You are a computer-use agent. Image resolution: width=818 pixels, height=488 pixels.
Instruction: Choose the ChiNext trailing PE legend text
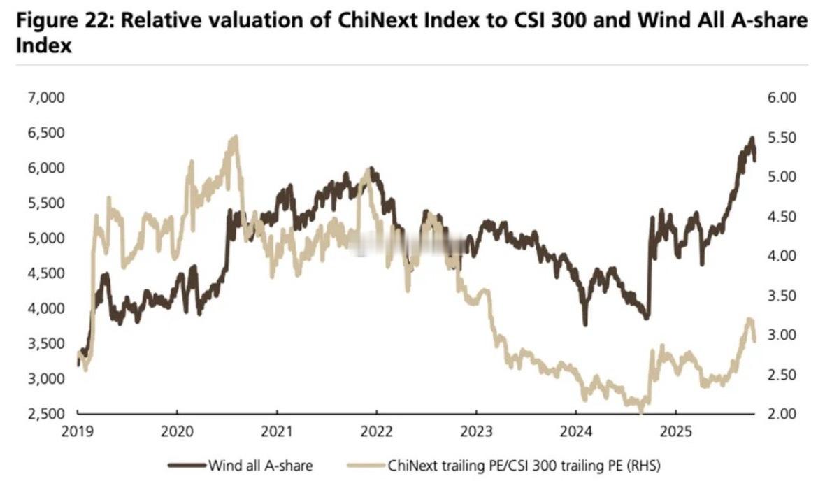click(x=524, y=464)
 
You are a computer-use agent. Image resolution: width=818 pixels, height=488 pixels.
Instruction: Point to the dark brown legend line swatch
click(x=187, y=464)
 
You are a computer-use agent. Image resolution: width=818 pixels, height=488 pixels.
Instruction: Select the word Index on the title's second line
click(x=44, y=46)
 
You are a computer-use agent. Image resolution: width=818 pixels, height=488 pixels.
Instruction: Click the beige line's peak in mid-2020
click(x=235, y=138)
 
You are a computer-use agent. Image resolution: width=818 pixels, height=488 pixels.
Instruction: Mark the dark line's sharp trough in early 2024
click(x=584, y=324)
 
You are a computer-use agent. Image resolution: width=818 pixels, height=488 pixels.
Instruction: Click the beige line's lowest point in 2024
click(x=643, y=411)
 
